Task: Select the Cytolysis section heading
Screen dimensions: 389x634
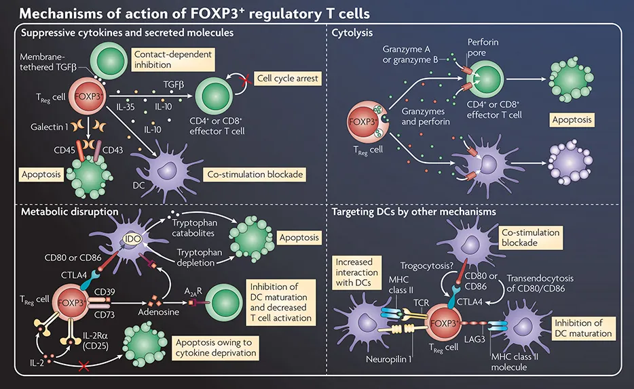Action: click(353, 32)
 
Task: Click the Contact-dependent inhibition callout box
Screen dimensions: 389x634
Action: click(172, 58)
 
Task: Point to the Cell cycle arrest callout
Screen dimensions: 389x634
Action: click(286, 79)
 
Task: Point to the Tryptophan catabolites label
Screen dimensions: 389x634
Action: click(196, 228)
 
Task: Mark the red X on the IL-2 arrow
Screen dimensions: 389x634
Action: click(84, 367)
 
